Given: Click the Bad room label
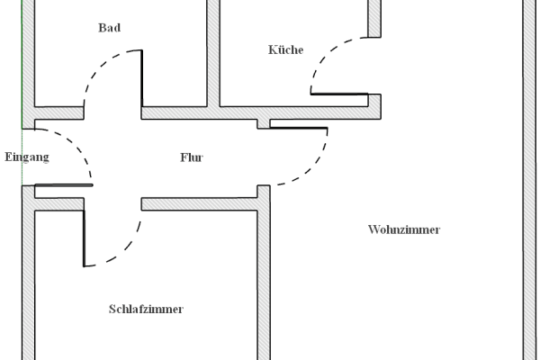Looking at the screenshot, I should point(109,28).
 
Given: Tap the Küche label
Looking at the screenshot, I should point(285,49).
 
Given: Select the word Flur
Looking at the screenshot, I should point(192,157).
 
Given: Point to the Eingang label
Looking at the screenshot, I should point(26,157).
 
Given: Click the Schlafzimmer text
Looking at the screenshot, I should point(146,309).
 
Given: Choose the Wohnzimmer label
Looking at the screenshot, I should point(404,229).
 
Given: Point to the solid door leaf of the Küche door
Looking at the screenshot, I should point(339,94).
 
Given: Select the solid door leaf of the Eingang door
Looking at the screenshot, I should point(63,186).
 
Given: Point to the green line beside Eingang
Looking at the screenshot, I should point(22,90).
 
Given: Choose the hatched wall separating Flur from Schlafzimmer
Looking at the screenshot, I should point(198,204).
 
